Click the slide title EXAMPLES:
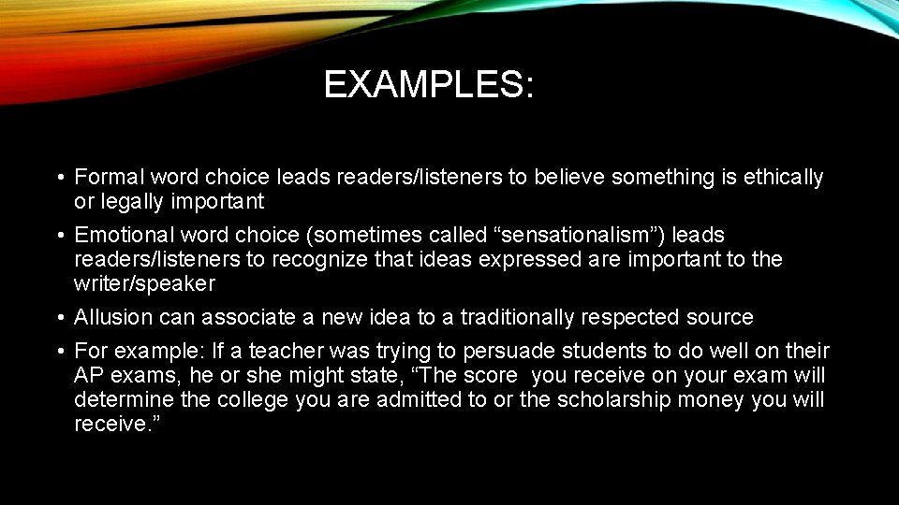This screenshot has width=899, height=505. coord(429,85)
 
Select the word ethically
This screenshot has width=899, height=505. coord(784,177)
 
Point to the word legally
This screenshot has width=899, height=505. coord(133,201)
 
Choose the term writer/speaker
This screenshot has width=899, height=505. coord(144,283)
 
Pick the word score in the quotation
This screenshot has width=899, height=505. coord(483,376)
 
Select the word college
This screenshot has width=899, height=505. coord(255,400)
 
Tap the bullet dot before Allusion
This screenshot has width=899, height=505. coord(59,318)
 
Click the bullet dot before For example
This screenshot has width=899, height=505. coord(59,353)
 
